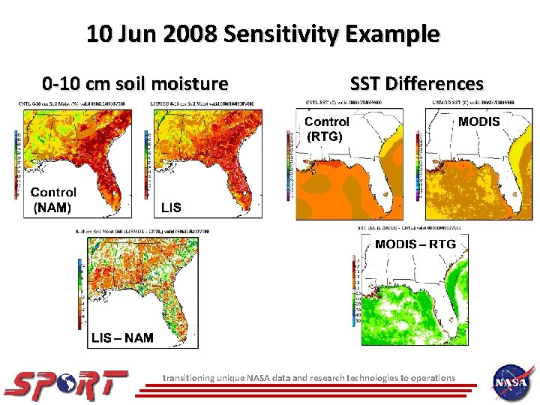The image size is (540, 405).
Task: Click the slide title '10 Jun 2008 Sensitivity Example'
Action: pyautogui.click(x=262, y=34)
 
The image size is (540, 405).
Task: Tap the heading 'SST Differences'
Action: pyautogui.click(x=417, y=82)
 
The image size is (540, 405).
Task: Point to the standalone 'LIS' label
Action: pyautogui.click(x=171, y=207)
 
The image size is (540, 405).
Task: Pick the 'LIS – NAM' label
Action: pyautogui.click(x=122, y=337)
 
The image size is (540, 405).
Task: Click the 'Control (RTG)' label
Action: pyautogui.click(x=326, y=128)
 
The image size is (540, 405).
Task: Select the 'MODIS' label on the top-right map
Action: pyautogui.click(x=478, y=121)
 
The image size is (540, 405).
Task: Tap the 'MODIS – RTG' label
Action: pyautogui.click(x=415, y=244)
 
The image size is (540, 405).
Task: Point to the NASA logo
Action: pyautogui.click(x=512, y=382)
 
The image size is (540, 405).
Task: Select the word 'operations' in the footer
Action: pyautogui.click(x=431, y=378)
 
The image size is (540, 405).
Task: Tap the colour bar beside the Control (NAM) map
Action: pyautogui.click(x=17, y=165)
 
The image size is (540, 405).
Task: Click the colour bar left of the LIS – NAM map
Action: pyautogui.click(x=80, y=292)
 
